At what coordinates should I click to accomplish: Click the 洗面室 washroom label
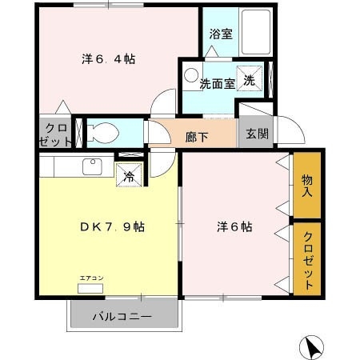click(x=217, y=84)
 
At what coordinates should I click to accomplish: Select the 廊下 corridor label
click(x=197, y=137)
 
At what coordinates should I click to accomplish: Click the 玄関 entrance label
click(x=256, y=134)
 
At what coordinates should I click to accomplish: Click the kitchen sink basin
click(x=90, y=167)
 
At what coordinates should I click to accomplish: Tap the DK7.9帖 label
click(x=110, y=226)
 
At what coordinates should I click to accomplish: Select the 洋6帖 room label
click(x=234, y=226)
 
